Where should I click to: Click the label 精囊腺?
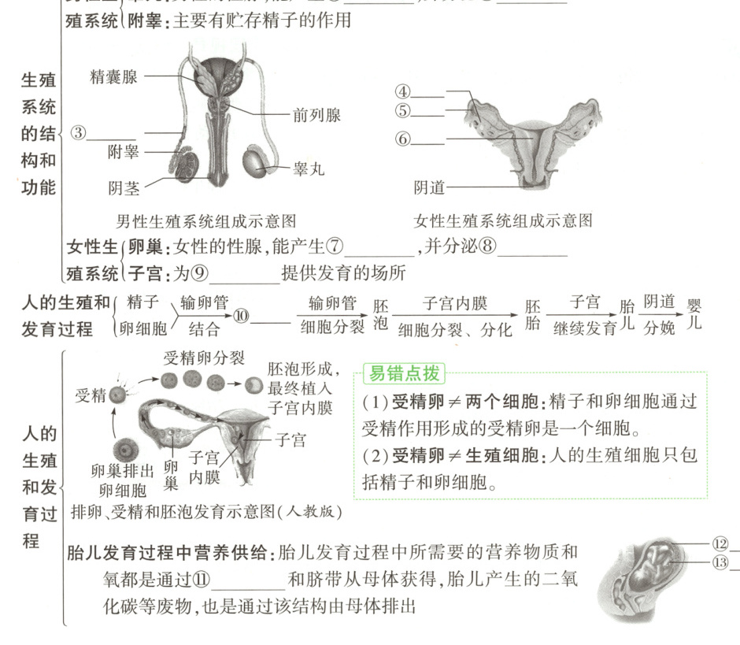coord(113,76)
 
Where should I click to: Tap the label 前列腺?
coord(316,115)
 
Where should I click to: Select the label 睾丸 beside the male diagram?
coord(309,168)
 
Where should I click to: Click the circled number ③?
coord(78,132)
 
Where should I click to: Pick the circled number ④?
coord(403,91)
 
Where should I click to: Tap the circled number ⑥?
coord(403,139)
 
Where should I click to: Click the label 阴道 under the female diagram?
coord(429,187)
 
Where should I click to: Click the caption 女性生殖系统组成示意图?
coord(502,221)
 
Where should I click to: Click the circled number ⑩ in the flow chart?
coord(241,315)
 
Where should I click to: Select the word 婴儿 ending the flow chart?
coord(694,313)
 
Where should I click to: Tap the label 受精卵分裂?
coord(204,358)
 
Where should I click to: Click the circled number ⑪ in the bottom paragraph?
coord(202,580)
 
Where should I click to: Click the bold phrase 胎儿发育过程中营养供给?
coord(168,553)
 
